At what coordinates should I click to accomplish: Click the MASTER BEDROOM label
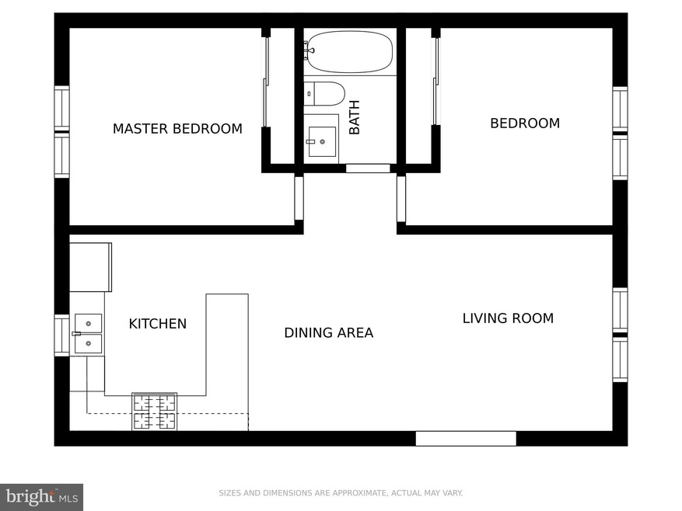click(177, 129)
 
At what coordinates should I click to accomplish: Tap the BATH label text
click(355, 117)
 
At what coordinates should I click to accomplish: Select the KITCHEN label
click(157, 324)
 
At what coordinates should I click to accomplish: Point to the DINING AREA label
click(329, 333)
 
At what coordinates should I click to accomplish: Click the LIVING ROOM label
click(508, 318)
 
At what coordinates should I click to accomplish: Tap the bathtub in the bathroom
click(348, 52)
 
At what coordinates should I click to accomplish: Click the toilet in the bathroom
click(324, 93)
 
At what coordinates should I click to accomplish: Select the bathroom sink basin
click(322, 141)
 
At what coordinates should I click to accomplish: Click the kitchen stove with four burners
click(155, 412)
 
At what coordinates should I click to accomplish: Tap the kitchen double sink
click(89, 334)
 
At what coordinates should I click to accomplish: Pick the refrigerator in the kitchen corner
click(90, 267)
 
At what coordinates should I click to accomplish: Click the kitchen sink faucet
click(76, 334)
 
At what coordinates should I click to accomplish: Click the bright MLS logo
click(41, 497)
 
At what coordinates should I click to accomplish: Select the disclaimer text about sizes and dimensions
click(341, 492)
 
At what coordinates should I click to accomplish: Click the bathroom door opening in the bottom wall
click(368, 169)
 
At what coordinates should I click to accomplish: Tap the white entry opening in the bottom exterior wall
click(466, 439)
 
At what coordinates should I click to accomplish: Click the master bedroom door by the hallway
click(299, 198)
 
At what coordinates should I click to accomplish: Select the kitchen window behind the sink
click(61, 335)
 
